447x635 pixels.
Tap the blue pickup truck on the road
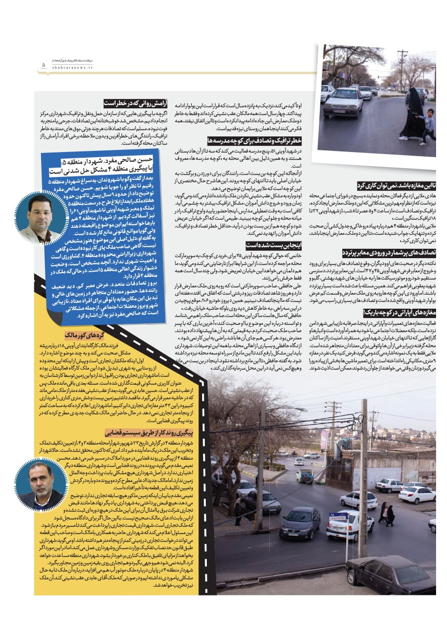click(x=305, y=475)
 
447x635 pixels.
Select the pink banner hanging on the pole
click(x=325, y=440)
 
